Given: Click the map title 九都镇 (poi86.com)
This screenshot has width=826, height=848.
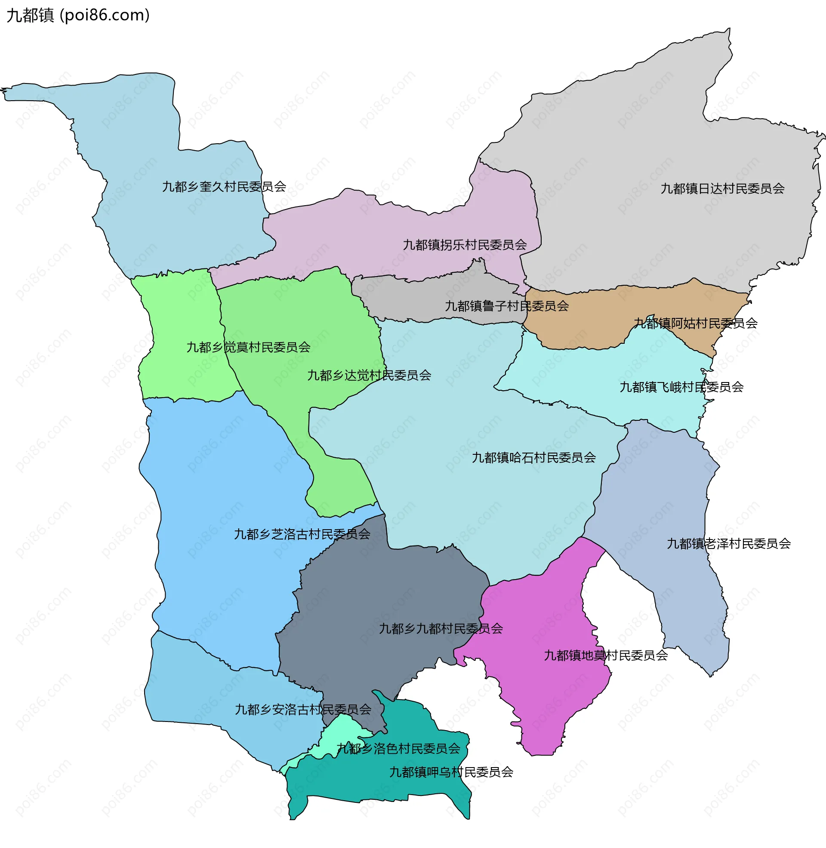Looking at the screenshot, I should [x=78, y=15].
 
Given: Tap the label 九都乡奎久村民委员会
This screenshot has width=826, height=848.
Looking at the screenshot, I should [x=224, y=187].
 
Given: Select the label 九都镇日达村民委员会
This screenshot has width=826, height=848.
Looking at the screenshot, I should [x=722, y=189].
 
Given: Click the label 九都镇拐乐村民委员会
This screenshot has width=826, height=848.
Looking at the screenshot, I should [x=465, y=245].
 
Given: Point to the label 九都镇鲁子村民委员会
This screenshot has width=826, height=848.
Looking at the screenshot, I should [x=507, y=306].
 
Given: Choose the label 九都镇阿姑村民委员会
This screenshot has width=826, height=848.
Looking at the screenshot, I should [x=695, y=323].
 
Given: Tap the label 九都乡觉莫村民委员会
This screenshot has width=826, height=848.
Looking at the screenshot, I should [x=248, y=347].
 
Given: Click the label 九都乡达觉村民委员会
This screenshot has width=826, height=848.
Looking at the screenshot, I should [x=369, y=375].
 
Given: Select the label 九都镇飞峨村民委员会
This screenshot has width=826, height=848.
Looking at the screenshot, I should [x=681, y=387].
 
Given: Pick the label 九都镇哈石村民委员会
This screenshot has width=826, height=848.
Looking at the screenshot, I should [x=533, y=458].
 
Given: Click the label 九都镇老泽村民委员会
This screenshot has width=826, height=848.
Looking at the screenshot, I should [x=728, y=543].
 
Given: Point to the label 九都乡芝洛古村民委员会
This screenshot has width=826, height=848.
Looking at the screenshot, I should [x=302, y=534].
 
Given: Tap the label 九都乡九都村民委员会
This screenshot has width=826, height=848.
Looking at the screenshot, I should [x=441, y=629].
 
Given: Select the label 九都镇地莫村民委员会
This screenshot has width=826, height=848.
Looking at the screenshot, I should [x=606, y=655].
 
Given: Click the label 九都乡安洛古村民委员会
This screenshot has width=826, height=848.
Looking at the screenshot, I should [x=303, y=709].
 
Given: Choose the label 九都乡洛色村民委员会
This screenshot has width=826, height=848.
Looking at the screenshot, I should [x=398, y=749].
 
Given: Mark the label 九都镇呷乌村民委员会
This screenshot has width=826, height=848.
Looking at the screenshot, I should [x=451, y=772].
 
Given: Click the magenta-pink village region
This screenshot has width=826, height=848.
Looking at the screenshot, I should [x=542, y=694].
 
